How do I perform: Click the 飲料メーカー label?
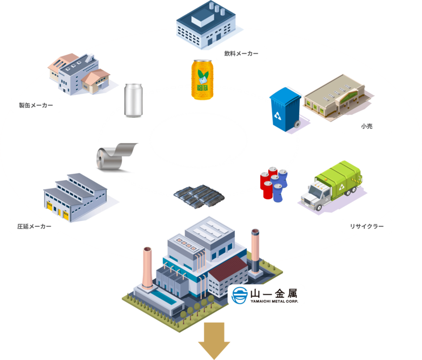(241, 54)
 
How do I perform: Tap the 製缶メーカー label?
(36, 105)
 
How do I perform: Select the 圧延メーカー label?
(34, 226)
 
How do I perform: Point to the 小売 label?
(366, 126)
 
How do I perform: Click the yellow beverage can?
(203, 80)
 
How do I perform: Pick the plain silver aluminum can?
(133, 100)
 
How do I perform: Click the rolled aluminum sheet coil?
(115, 155)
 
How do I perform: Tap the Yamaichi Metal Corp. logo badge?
(266, 296)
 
